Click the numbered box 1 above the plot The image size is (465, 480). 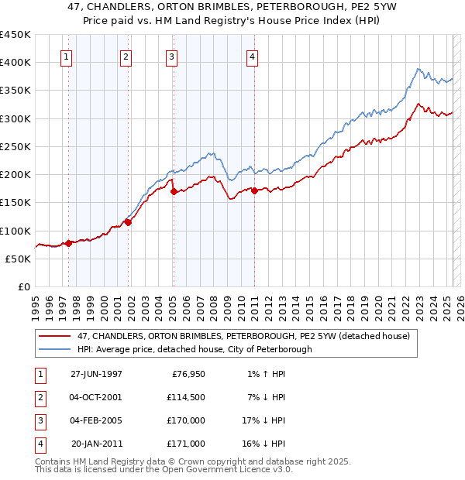click(66, 57)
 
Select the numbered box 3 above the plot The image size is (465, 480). click(171, 57)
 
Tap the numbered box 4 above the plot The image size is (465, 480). click(253, 57)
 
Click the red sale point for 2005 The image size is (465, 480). click(174, 191)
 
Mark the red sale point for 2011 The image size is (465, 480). click(255, 190)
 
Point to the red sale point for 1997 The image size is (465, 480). click(68, 243)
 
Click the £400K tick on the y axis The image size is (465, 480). click(16, 63)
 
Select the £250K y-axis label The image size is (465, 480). click(16, 146)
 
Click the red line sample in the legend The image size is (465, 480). click(56, 336)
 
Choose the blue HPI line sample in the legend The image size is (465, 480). click(56, 349)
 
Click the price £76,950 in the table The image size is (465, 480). click(186, 374)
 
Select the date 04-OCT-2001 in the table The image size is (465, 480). click(96, 397)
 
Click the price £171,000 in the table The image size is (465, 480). click(186, 444)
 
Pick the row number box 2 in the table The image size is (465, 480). click(39, 397)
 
